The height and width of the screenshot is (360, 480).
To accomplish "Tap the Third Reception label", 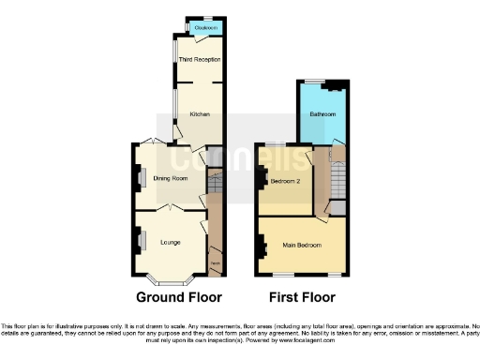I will pos(200,60).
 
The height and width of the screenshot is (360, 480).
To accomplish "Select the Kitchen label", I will pos(200,114).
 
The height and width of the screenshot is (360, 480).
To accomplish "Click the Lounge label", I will pos(170,243).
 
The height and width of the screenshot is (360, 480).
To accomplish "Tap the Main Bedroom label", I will pos(302,246).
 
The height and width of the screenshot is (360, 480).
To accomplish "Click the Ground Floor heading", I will pos(179,298).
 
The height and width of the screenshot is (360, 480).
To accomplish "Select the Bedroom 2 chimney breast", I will pos(262,178).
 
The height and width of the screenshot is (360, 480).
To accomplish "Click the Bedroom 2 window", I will pos(275,143).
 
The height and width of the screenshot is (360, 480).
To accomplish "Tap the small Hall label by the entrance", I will pos(215,264).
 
